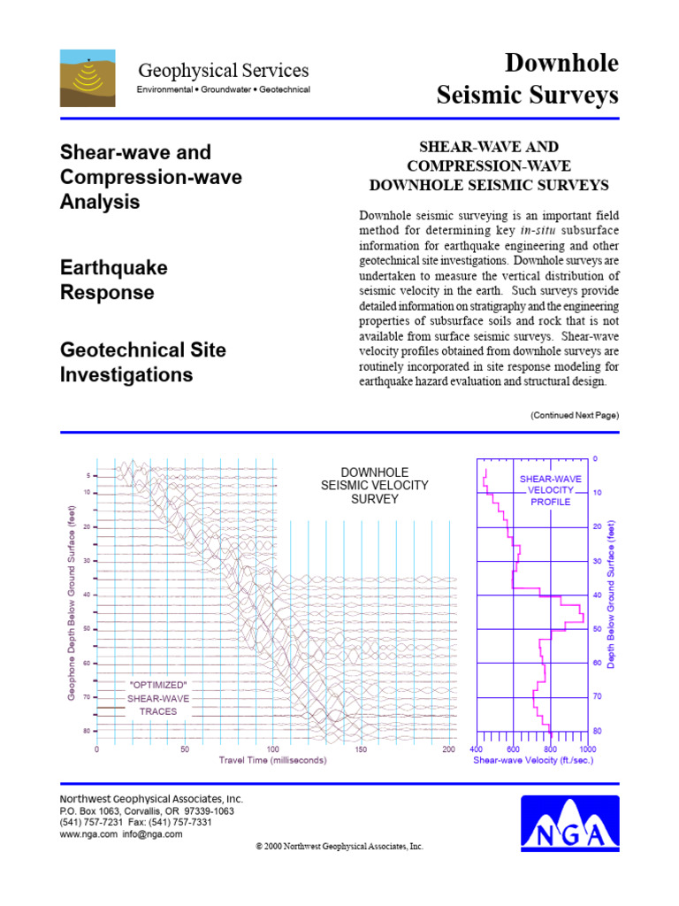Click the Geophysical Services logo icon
coord(87,78)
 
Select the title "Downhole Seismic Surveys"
coord(528,79)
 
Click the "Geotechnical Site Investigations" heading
coord(142,362)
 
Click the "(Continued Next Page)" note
coord(574,415)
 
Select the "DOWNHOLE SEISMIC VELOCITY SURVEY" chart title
coord(374,486)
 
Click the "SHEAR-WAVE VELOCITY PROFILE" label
coord(550,489)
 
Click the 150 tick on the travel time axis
coord(361,749)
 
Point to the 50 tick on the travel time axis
coord(185,749)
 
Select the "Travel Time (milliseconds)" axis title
coord(273,760)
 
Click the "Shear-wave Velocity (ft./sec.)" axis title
coord(532,759)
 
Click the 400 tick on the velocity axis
coord(477,749)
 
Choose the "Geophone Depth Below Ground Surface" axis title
coord(72,603)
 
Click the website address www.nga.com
coord(88,833)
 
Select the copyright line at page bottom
coord(339,846)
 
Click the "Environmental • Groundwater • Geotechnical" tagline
coord(223,90)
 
